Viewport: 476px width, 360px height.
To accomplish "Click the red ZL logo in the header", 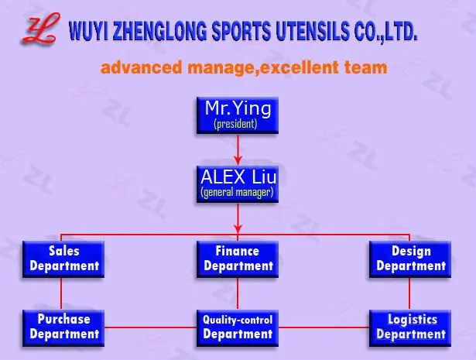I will pos(38,29).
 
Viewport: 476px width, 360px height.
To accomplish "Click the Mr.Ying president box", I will pos(236,114).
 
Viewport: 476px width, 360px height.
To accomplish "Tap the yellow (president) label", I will pos(235,123).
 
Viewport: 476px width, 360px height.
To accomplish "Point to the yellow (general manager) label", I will pos(237,192).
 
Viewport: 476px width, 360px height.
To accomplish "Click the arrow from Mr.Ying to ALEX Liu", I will pos(237,147).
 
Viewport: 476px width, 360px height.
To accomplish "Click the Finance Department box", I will pos(238,259).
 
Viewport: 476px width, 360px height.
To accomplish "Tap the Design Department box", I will pos(410,259).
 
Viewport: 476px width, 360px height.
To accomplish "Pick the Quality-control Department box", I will pos(238,327).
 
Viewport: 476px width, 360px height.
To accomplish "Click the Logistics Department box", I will pos(410,327).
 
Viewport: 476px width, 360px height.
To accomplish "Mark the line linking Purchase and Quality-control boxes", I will pos(149,327).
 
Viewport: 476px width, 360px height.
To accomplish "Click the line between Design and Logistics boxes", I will pos(410,293).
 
